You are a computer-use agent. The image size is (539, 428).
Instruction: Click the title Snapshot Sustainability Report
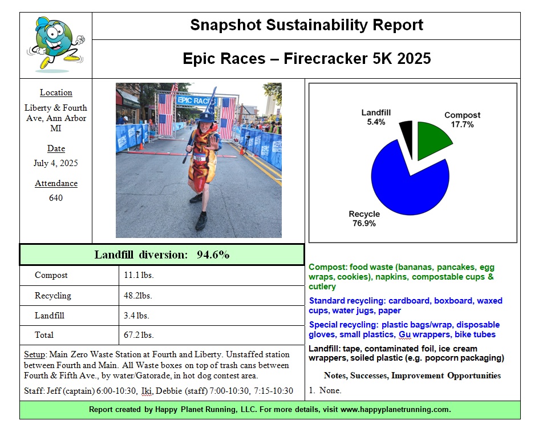click(306, 25)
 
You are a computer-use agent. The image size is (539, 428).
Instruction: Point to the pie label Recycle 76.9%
click(364, 219)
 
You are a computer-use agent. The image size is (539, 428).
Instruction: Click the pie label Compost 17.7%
click(462, 119)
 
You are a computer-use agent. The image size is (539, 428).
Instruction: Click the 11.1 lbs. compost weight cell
click(139, 275)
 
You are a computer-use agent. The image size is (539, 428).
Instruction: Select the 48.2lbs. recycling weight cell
click(138, 296)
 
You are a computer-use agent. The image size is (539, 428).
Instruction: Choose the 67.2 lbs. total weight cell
click(139, 334)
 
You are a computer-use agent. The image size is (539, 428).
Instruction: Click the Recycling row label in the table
click(53, 296)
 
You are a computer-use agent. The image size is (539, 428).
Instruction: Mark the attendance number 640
click(56, 198)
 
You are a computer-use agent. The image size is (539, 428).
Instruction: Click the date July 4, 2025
click(56, 163)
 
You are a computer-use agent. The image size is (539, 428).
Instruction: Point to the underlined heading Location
click(56, 92)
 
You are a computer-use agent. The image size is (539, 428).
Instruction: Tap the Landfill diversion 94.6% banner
click(162, 255)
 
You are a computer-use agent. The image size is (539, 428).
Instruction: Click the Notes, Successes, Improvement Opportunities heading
click(412, 375)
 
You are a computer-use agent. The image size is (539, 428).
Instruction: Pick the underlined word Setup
click(34, 354)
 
